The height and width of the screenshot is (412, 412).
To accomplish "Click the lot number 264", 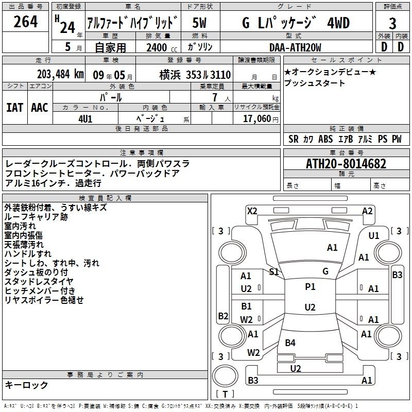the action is [x=25, y=22].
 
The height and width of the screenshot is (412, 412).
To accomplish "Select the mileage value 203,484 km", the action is [x=60, y=74].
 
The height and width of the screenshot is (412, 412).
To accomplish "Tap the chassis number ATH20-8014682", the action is [x=346, y=164].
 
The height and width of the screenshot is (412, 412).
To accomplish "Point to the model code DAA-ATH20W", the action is [x=295, y=47].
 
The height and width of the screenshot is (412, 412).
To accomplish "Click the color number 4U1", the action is [x=85, y=119].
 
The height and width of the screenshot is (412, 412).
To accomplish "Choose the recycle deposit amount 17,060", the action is [x=257, y=119].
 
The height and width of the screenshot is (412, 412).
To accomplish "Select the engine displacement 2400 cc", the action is [x=162, y=47].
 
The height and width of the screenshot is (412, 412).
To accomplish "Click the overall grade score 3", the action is [x=392, y=24].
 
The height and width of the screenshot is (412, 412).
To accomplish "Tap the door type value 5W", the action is [x=199, y=23].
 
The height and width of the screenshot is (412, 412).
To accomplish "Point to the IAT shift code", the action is [x=15, y=108].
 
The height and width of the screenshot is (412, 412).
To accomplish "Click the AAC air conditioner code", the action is [x=40, y=108].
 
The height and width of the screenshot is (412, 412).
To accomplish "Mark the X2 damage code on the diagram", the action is [x=252, y=211].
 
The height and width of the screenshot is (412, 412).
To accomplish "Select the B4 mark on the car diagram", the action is [x=290, y=342].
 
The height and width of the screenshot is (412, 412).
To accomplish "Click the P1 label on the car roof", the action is [x=310, y=287].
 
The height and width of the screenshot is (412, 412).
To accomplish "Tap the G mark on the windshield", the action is [x=325, y=271].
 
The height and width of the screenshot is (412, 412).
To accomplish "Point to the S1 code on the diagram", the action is [x=274, y=272].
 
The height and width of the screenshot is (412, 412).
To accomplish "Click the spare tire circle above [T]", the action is [x=225, y=376].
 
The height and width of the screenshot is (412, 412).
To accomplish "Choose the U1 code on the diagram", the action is [x=374, y=236].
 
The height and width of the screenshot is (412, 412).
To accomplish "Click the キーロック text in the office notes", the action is [x=26, y=385].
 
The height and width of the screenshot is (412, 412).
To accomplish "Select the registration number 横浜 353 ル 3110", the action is [x=195, y=75].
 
